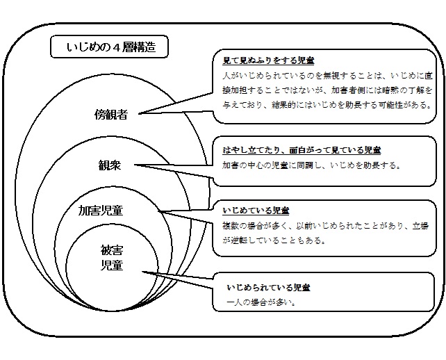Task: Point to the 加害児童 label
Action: pos(105,210)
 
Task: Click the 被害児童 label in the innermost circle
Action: pos(112,257)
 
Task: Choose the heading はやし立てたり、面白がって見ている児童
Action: pos(302,150)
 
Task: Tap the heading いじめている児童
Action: pos(256,210)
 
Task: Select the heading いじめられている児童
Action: pos(268,287)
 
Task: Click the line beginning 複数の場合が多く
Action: pos(324,225)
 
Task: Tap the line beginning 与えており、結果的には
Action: pos(324,106)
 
